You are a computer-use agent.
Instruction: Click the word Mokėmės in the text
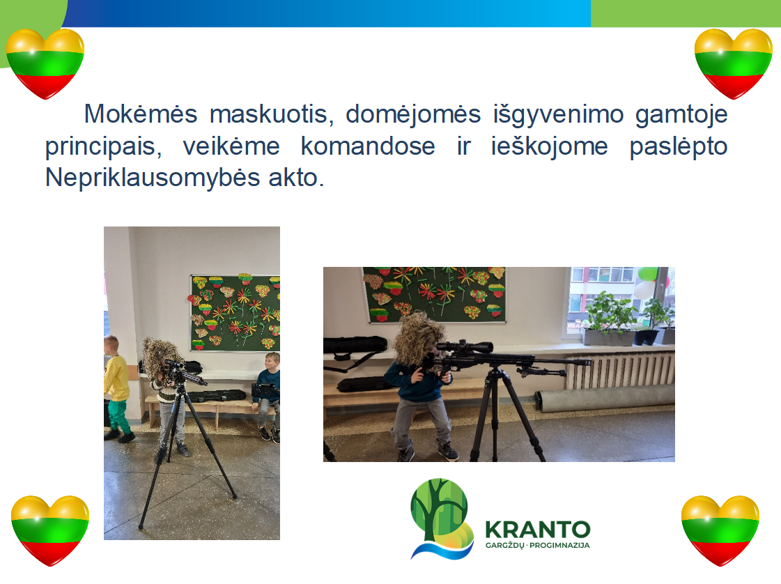(141, 114)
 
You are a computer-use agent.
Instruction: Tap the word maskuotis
(269, 114)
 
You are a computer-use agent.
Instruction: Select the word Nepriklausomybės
(153, 178)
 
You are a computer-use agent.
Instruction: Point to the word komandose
(368, 146)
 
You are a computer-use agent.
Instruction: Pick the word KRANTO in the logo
(538, 530)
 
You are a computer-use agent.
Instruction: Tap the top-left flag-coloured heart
(45, 64)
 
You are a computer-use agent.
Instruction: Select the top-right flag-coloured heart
(733, 64)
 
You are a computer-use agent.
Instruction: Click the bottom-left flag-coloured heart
(49, 530)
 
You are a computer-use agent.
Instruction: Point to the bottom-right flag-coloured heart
(720, 530)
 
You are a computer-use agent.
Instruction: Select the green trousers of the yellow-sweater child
(118, 415)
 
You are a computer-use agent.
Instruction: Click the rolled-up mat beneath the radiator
(605, 399)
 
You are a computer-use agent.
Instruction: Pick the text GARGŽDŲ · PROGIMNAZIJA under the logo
(537, 546)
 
